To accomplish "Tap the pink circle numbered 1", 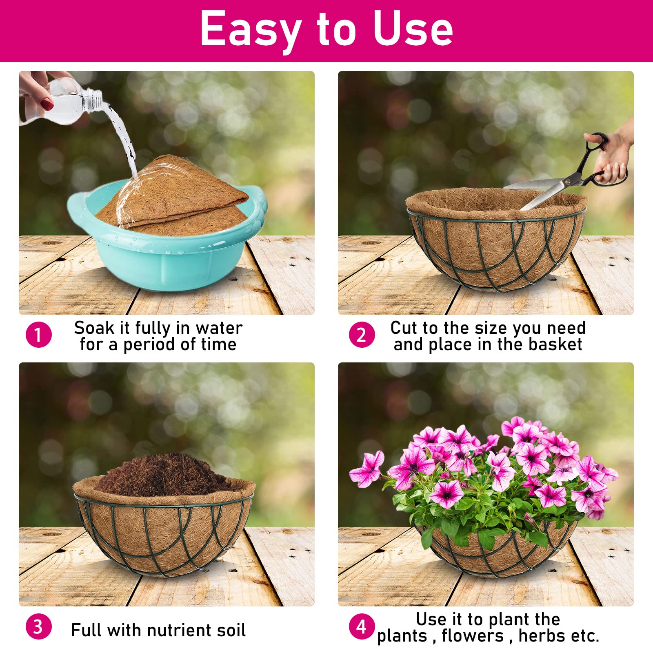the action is (39, 335).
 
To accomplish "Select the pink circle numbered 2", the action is (362, 335).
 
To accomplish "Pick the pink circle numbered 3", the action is (39, 626).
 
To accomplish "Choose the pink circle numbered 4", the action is (362, 626).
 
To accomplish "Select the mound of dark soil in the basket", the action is (163, 475).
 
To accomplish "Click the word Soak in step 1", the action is (94, 328).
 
